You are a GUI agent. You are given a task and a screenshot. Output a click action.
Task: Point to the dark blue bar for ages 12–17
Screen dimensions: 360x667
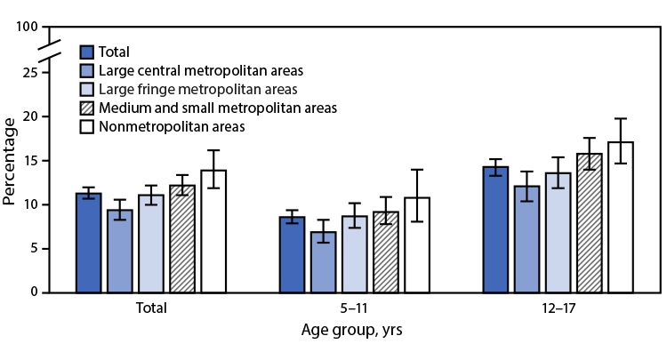pyautogui.click(x=495, y=229)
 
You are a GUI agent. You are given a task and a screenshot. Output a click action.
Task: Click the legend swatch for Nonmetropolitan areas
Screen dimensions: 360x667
pyautogui.click(x=87, y=127)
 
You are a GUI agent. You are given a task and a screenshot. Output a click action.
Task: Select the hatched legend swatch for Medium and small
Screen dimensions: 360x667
pyautogui.click(x=87, y=108)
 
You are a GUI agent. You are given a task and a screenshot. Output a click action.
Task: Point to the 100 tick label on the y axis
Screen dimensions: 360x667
pyautogui.click(x=26, y=28)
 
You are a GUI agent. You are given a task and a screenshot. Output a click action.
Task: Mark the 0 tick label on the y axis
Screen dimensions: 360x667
pyautogui.click(x=33, y=292)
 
